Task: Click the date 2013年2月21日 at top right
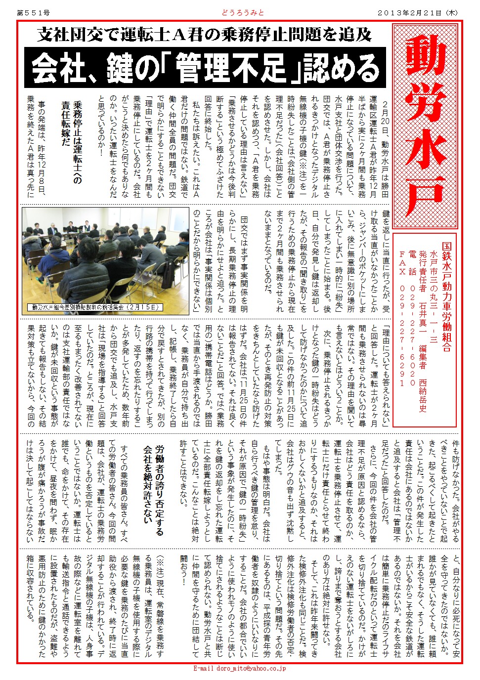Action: pyautogui.click(x=417, y=13)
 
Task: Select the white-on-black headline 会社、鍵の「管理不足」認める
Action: pyautogui.click(x=205, y=68)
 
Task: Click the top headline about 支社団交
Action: pyautogui.click(x=204, y=35)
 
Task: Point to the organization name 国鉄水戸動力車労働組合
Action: pyautogui.click(x=446, y=297)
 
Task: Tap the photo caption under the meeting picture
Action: pyautogui.click(x=96, y=307)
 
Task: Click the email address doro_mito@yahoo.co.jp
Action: pyautogui.click(x=240, y=668)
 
